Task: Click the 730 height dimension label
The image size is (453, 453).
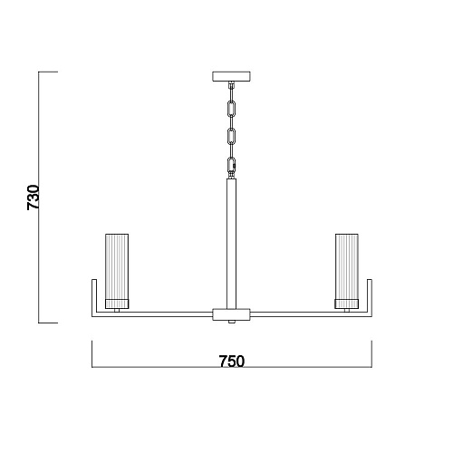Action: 34,198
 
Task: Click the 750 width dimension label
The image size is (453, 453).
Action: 232,361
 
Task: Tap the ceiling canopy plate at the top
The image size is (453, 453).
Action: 231,76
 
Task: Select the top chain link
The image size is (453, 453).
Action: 232,109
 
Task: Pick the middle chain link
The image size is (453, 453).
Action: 232,137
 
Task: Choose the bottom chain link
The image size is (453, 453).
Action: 232,165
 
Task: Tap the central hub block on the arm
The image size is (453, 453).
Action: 231,314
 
